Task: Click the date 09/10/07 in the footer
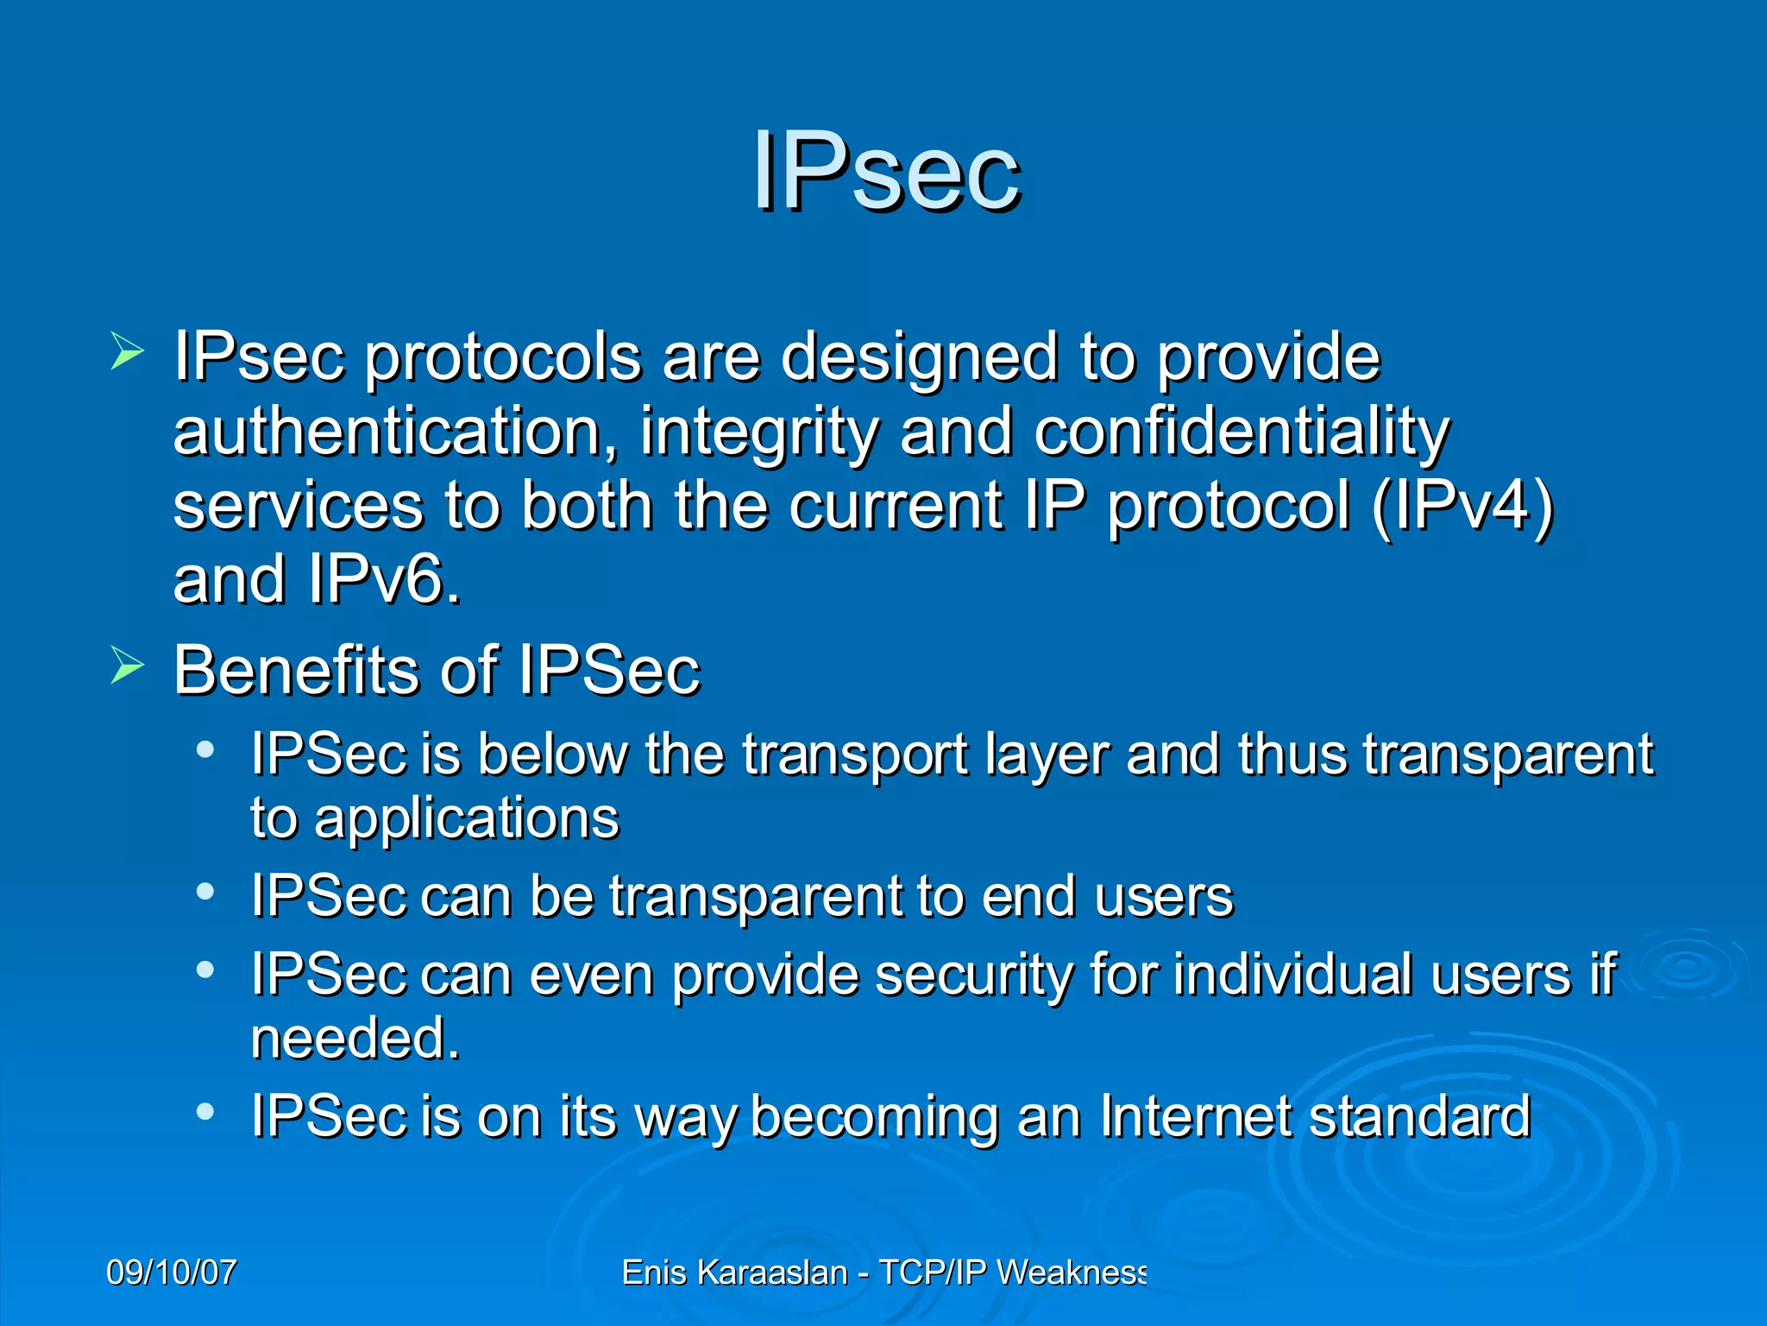click(171, 1272)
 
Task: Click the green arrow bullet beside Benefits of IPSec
click(127, 666)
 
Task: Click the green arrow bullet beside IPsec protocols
click(127, 353)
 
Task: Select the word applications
click(467, 818)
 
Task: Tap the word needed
click(354, 1038)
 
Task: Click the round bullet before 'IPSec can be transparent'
click(204, 892)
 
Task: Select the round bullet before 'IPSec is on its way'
click(204, 1112)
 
